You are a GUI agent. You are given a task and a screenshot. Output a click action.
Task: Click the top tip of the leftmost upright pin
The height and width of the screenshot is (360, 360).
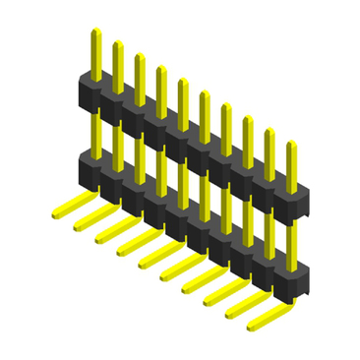[x=94, y=31]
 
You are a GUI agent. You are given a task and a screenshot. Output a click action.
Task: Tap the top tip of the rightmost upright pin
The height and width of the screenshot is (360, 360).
[x=290, y=146]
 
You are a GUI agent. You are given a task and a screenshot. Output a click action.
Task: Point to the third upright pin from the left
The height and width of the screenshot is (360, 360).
[x=138, y=72]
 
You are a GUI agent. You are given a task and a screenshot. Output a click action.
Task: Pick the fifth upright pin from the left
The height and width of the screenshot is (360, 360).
[x=182, y=96]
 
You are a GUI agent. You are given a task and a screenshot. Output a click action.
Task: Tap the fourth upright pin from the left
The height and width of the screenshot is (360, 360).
[x=159, y=85]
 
